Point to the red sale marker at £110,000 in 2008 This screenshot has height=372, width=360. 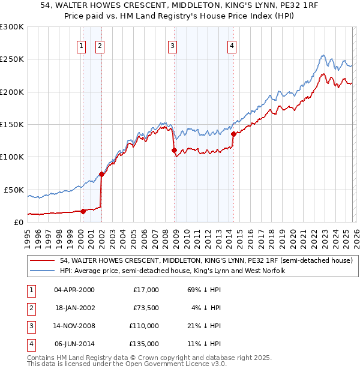point(174,150)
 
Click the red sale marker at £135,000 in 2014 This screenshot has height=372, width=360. point(233,134)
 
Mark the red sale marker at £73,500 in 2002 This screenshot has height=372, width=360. point(101,174)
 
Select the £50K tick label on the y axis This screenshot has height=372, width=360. point(14,190)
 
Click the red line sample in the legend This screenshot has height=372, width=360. point(43,261)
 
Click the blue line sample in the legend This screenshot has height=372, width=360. point(43,271)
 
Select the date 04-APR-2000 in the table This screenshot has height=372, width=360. point(74,290)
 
